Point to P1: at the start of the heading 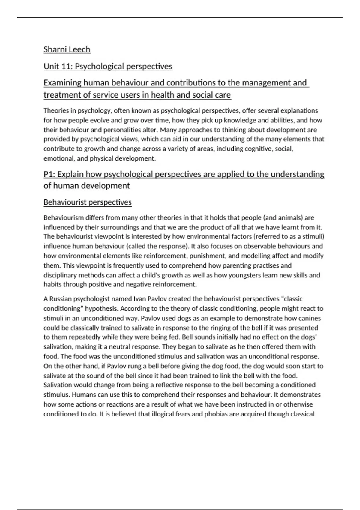click(x=49, y=174)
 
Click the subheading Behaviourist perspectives click(x=88, y=202)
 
